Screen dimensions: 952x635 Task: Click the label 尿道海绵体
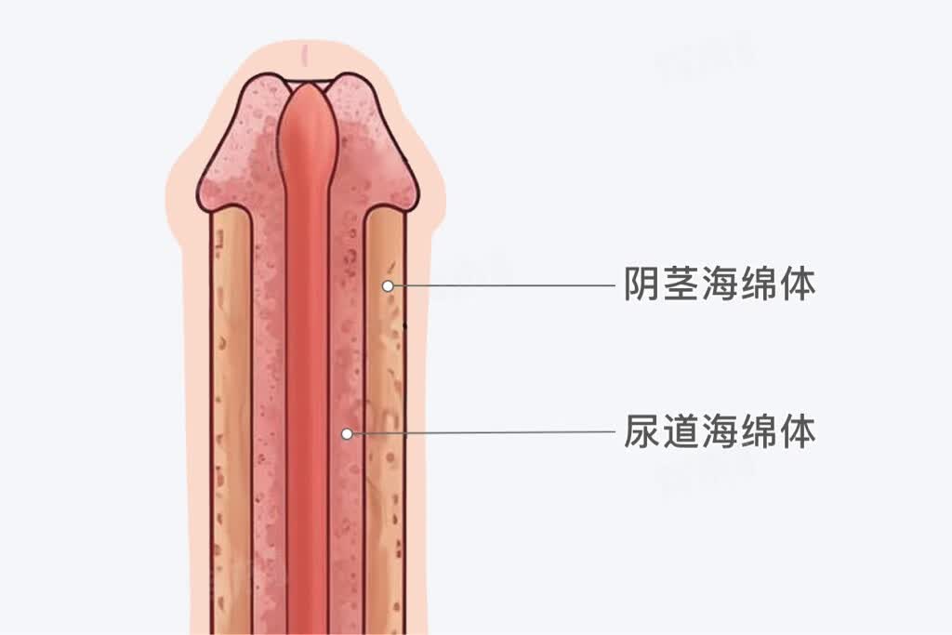click(720, 431)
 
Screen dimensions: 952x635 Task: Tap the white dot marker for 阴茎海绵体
click(388, 285)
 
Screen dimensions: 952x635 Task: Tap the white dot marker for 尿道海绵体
click(347, 433)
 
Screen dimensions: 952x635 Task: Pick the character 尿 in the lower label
click(642, 431)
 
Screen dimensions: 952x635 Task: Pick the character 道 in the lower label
click(681, 431)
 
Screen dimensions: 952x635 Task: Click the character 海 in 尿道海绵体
click(720, 431)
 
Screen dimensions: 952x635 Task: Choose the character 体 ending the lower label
click(797, 431)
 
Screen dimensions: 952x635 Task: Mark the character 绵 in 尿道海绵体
click(758, 431)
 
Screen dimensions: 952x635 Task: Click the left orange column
click(231, 419)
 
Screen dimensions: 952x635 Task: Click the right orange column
click(385, 419)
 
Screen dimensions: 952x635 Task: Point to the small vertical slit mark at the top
click(305, 56)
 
